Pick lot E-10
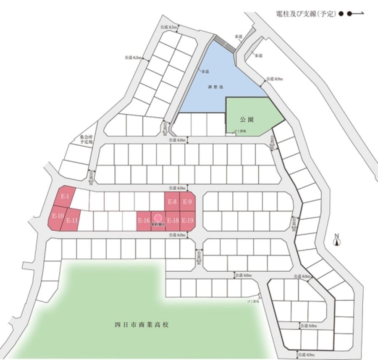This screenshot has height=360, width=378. point(58,216)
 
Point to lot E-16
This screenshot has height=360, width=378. point(144,221)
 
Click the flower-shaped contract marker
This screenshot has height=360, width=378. point(158,218)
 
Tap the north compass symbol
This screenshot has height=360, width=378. point(336,242)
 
